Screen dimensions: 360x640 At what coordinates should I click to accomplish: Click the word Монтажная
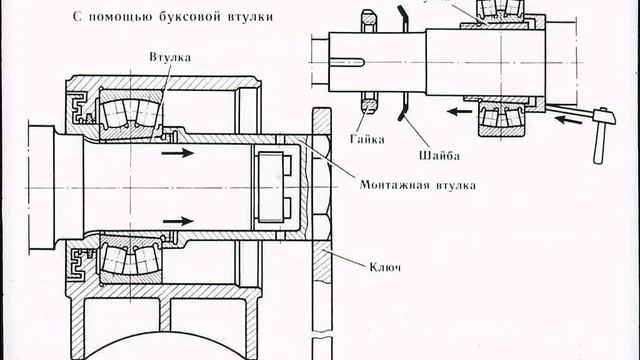point(395,184)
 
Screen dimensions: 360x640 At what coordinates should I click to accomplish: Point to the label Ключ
point(384,268)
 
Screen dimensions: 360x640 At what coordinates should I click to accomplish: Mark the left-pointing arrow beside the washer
point(456,113)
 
